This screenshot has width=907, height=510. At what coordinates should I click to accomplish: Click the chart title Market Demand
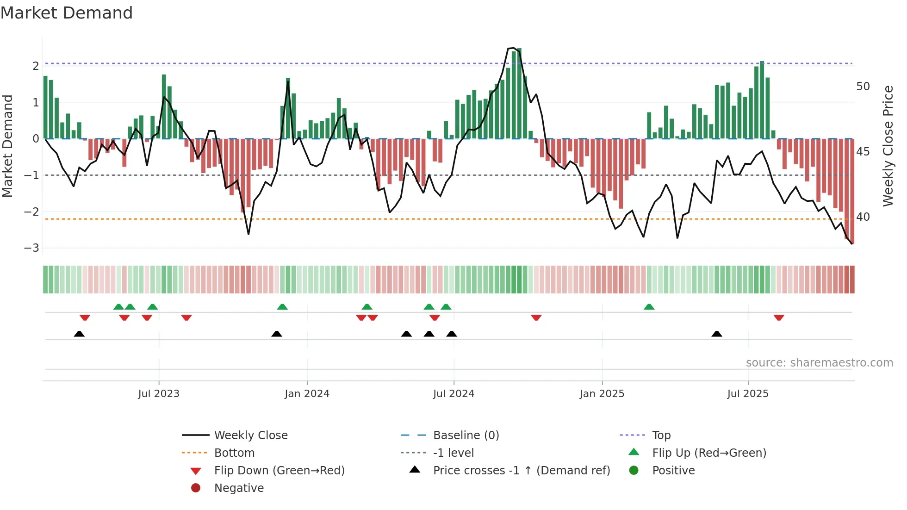coord(67,13)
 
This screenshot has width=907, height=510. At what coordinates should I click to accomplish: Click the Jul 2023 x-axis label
coord(158,394)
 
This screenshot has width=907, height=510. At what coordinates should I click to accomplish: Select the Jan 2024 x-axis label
coord(307,394)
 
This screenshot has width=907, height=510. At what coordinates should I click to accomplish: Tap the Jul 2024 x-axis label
coord(453,394)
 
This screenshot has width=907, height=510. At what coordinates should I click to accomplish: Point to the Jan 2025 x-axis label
coord(602,394)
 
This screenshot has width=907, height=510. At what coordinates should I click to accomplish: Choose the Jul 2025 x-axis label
coord(747,394)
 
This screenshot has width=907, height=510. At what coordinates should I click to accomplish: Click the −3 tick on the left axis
coord(31,248)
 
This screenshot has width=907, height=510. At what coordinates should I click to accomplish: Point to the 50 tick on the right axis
coord(863,87)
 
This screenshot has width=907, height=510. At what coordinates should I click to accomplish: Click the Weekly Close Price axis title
coord(888,146)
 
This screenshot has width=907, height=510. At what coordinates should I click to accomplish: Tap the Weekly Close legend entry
coord(250,435)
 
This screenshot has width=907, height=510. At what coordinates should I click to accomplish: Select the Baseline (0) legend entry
coord(466,435)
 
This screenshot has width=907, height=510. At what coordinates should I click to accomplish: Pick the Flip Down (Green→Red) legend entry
coord(279,471)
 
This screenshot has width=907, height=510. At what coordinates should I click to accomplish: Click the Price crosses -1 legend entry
coord(521,471)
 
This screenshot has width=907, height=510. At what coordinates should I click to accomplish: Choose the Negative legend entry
coord(239,488)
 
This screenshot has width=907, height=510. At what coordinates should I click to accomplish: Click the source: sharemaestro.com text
coord(819,363)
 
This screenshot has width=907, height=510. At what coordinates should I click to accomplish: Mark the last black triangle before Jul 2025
coord(716,334)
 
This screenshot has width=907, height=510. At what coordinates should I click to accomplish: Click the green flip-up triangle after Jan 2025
coord(649,307)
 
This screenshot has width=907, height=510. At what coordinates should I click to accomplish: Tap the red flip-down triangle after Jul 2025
coord(778,317)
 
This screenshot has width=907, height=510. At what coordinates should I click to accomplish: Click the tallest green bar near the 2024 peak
coord(519,93)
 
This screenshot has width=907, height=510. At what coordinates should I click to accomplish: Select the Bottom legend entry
coord(234,453)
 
